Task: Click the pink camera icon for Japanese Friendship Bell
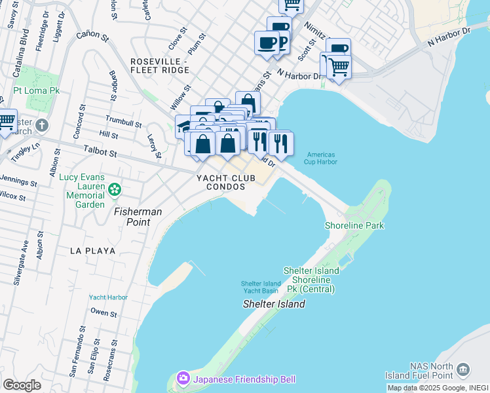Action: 183,379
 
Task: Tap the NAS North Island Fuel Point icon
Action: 464,369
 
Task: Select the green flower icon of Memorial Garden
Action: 115,190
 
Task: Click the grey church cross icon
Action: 42,125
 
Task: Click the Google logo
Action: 22,385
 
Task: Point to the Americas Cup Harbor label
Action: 322,158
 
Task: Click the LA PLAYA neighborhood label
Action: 93,251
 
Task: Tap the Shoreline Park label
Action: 354,225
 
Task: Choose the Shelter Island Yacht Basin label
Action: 259,287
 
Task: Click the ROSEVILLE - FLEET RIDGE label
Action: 159,65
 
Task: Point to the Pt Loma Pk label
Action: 37,90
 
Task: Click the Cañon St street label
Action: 92,37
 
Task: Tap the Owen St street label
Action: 104,313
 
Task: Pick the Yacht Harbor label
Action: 108,297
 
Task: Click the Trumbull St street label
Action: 123,122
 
